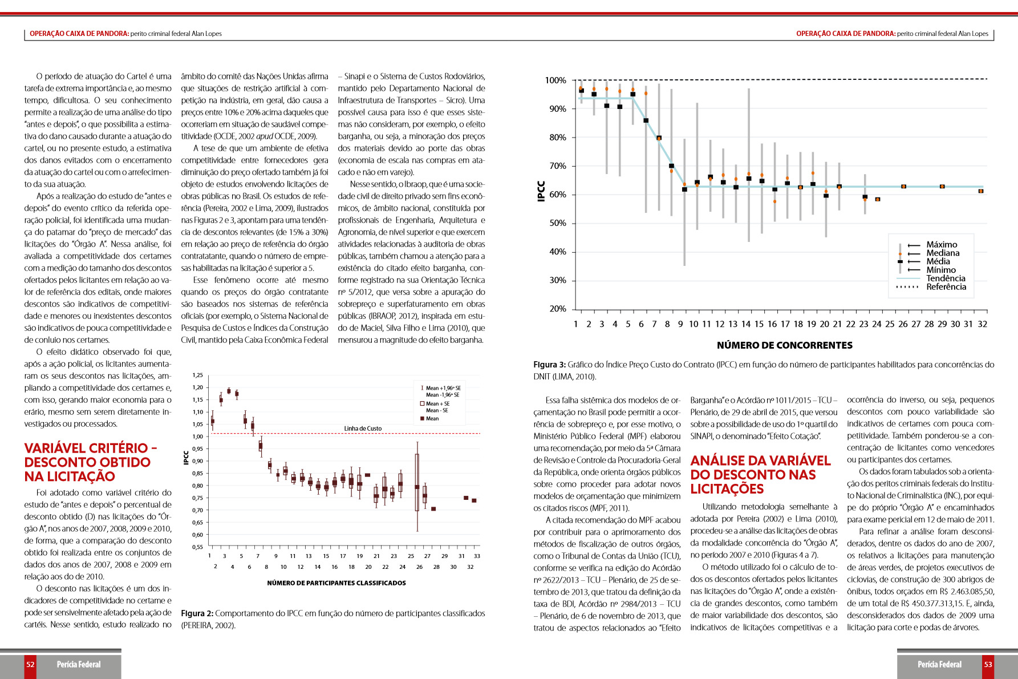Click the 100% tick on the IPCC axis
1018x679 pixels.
click(555, 80)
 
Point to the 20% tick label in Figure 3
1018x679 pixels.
click(558, 309)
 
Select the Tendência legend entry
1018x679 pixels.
click(946, 278)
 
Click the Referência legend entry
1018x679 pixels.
click(946, 287)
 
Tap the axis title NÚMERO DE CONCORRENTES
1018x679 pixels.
click(784, 345)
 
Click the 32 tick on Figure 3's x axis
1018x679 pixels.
click(982, 324)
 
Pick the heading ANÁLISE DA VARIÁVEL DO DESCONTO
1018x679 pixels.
click(760, 475)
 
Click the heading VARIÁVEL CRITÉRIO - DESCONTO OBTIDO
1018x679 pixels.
click(90, 462)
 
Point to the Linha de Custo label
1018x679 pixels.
click(363, 429)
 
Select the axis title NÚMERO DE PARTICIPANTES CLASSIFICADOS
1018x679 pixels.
click(336, 583)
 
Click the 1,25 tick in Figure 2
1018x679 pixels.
click(197, 375)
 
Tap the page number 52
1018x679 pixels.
click(30, 665)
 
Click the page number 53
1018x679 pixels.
click(988, 665)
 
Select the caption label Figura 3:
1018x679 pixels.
click(549, 365)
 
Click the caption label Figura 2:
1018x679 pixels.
click(197, 613)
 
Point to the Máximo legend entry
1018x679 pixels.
click(942, 245)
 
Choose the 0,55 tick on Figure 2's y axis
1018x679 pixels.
click(197, 547)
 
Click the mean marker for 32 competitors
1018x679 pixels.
click(981, 191)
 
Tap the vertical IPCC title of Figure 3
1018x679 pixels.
click(541, 191)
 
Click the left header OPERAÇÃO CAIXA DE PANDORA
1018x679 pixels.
click(79, 34)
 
